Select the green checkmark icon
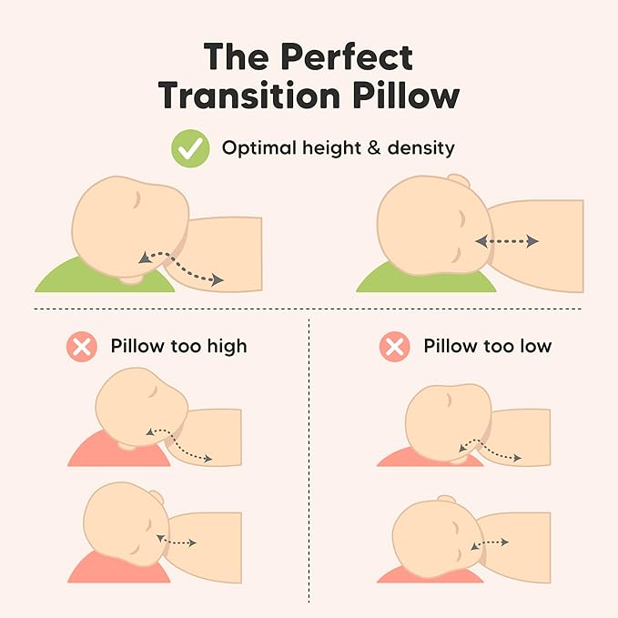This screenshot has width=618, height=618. click(191, 148)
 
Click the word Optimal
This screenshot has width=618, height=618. click(258, 147)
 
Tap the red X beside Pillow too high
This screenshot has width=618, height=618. click(82, 347)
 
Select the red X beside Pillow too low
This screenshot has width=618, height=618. click(394, 347)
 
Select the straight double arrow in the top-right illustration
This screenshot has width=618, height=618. click(506, 241)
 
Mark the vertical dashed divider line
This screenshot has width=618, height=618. click(309, 455)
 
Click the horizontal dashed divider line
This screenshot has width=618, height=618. click(309, 309)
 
